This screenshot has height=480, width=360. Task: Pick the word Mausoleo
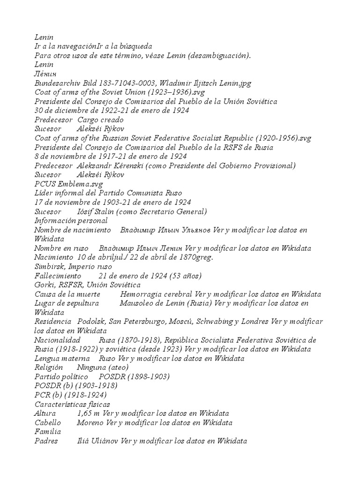(136, 303)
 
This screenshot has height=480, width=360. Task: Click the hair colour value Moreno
(90, 422)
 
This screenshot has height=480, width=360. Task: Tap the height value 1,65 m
(87, 413)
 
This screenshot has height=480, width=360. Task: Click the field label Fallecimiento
(58, 276)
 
